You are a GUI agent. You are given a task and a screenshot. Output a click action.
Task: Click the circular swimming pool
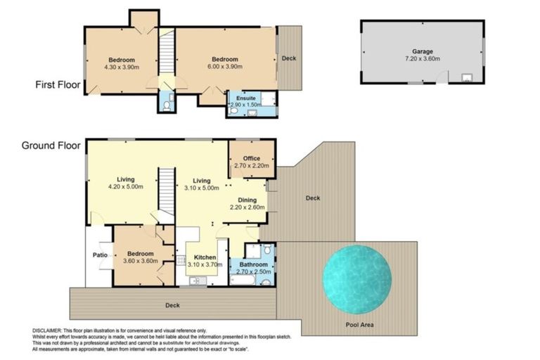[x=357, y=279]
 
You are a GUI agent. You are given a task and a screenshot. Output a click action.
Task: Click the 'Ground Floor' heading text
[x=50, y=146]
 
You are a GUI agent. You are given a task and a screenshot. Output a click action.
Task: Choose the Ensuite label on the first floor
[x=245, y=98]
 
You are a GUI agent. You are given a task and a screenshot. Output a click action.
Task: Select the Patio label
[x=98, y=255]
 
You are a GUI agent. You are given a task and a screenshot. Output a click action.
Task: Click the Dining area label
[x=247, y=200]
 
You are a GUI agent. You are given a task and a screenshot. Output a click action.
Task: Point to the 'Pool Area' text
[x=360, y=325]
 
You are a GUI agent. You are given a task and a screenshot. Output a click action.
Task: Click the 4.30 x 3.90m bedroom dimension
[x=121, y=67]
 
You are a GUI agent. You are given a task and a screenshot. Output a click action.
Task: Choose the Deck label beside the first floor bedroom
[x=288, y=58]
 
